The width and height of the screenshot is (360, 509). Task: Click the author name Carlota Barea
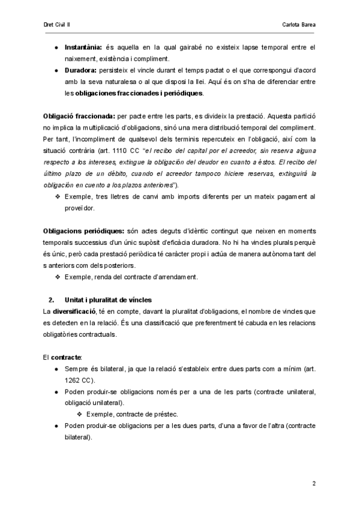coord(298,25)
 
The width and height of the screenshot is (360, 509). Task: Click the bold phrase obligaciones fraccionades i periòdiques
coord(139,93)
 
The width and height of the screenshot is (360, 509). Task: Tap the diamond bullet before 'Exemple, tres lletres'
coord(58,196)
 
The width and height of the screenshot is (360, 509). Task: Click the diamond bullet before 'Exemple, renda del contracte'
coord(58,277)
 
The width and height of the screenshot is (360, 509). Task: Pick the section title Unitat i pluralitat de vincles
coord(108,300)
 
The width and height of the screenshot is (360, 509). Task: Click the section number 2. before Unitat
coord(51,300)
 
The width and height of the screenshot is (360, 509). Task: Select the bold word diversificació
coord(78,311)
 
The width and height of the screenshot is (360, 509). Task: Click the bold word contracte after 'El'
coord(65,357)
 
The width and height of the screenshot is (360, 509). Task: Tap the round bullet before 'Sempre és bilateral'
coord(56,369)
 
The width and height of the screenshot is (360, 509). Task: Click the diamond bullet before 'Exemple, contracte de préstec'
coord(80,414)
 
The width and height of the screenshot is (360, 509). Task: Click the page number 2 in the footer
coord(314,483)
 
